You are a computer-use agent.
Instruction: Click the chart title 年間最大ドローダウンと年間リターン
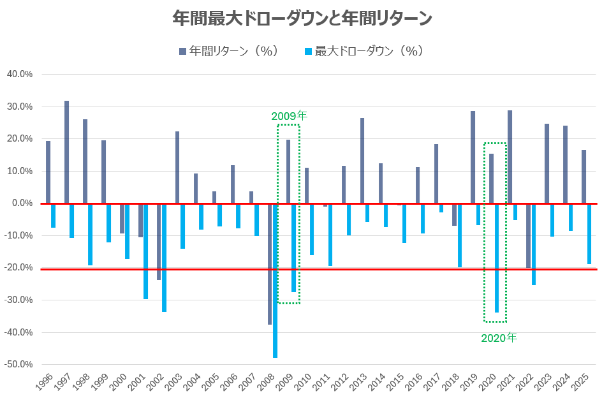(302, 18)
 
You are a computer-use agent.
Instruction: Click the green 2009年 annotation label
(289, 116)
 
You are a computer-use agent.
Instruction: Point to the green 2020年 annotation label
(499, 338)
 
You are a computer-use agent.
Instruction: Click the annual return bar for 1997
(67, 152)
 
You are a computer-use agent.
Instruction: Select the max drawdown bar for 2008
(275, 281)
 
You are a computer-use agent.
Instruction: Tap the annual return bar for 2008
(270, 264)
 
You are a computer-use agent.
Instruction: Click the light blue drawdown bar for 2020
(497, 258)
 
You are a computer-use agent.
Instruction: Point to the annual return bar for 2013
(362, 161)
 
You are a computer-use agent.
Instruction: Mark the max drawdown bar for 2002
(165, 258)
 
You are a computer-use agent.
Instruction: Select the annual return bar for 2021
(510, 157)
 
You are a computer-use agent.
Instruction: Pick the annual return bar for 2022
(528, 235)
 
